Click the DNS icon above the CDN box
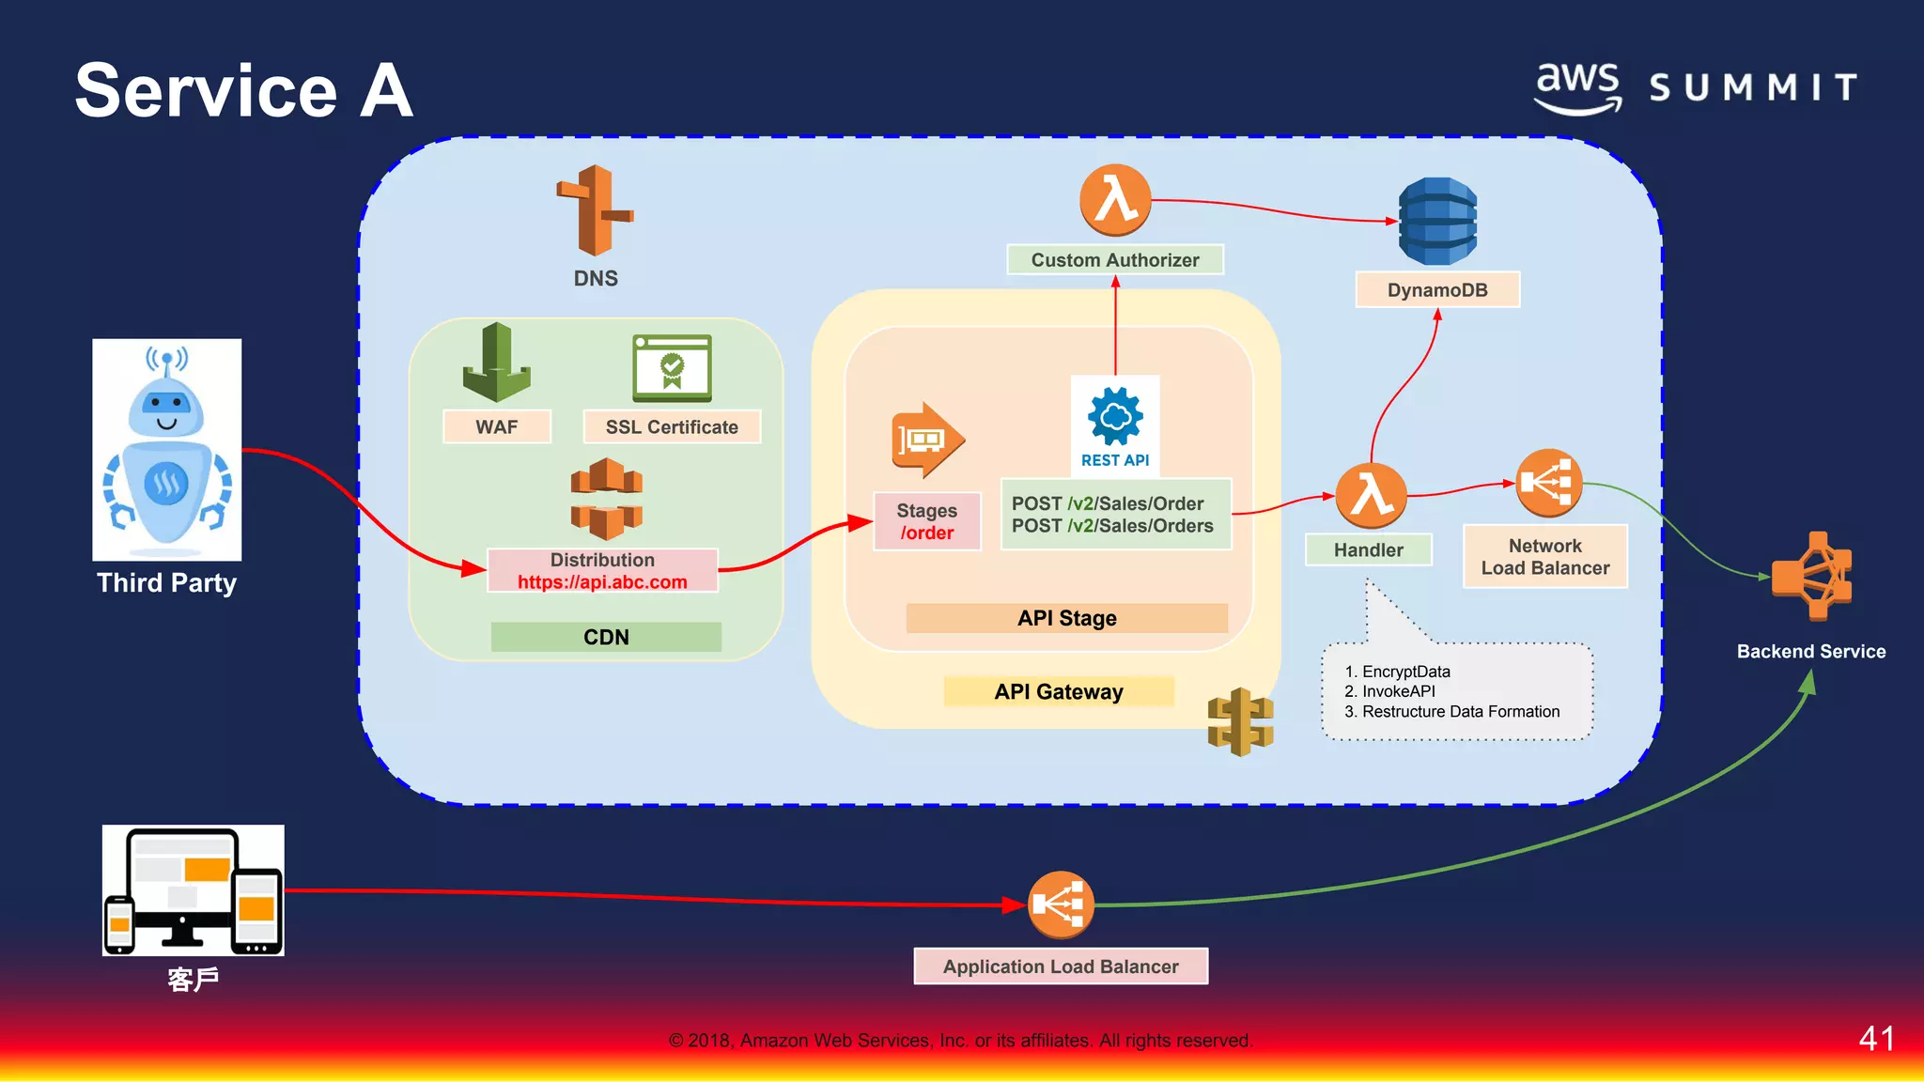[595, 210]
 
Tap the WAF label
[496, 427]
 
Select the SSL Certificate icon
[672, 368]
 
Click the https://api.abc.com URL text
[602, 582]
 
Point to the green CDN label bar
[606, 637]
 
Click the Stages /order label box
[926, 521]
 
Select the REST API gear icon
[1115, 417]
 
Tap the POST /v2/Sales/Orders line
[1112, 527]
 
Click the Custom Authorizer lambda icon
[1115, 200]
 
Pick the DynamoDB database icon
[1437, 222]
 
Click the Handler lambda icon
[1371, 495]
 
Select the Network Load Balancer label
[1544, 557]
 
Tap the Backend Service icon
[1812, 576]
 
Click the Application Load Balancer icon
[1061, 904]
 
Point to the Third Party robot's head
[166, 404]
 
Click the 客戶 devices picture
[194, 890]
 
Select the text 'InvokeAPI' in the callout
[1398, 691]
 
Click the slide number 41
[1876, 1039]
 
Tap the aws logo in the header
[1578, 87]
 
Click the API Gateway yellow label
[1059, 692]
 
